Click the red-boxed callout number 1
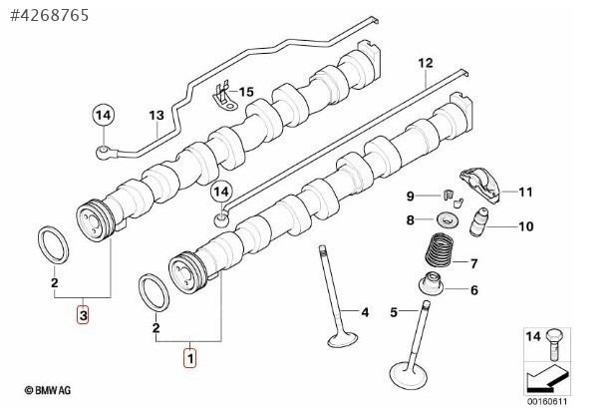(x=190, y=358)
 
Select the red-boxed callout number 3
(x=83, y=315)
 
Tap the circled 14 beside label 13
(x=104, y=116)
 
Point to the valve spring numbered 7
(x=439, y=250)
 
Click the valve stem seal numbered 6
(x=431, y=284)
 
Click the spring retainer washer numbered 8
(x=447, y=218)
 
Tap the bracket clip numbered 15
(x=224, y=98)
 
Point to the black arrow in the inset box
(x=547, y=378)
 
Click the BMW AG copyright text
(x=48, y=390)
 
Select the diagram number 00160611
(x=547, y=402)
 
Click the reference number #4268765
(x=50, y=15)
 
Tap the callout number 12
(x=426, y=63)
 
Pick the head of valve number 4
(x=343, y=340)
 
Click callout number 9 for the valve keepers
(x=410, y=196)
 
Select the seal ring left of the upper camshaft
(x=53, y=244)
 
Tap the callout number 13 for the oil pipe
(x=155, y=115)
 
